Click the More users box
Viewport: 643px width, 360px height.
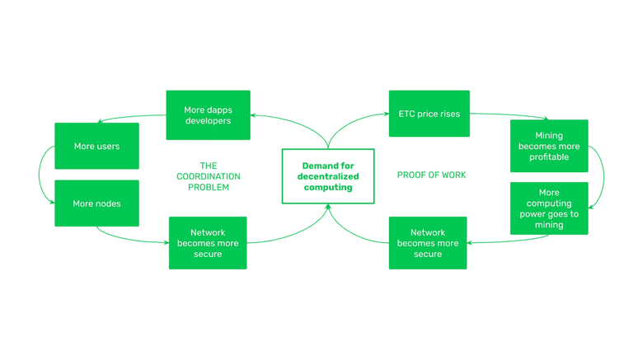click(96, 146)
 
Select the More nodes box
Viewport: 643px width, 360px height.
click(96, 203)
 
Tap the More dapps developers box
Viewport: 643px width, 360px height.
click(208, 115)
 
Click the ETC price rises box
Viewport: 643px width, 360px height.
click(429, 114)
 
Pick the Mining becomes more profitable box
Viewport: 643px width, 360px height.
click(549, 146)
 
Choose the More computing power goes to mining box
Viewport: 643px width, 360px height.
click(549, 208)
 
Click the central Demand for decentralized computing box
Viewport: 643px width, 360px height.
click(328, 176)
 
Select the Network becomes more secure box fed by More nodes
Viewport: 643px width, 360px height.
click(208, 243)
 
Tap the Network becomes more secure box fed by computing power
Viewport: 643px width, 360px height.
click(428, 243)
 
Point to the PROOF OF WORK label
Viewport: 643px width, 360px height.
click(431, 175)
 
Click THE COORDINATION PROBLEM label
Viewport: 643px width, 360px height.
click(209, 176)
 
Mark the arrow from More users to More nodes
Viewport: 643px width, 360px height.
click(40, 175)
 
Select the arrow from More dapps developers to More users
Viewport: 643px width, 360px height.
click(132, 117)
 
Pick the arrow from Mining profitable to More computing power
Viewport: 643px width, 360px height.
click(603, 175)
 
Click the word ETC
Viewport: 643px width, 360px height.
click(406, 114)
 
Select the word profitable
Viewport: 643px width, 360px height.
click(549, 157)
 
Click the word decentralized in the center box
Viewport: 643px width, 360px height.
click(328, 176)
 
